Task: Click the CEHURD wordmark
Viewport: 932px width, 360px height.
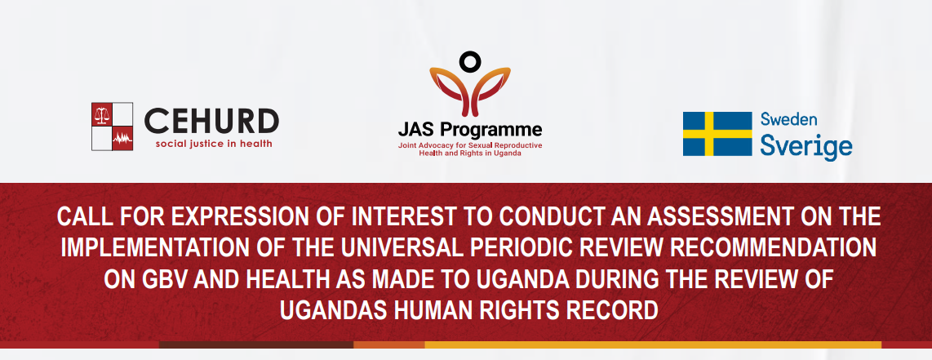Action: tap(211, 122)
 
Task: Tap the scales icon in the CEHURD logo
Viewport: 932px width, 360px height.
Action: tap(102, 114)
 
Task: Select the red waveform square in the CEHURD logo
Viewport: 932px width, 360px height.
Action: tap(122, 139)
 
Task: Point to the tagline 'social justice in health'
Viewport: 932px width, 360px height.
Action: tap(213, 144)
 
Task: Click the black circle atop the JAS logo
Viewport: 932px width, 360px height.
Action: tap(469, 60)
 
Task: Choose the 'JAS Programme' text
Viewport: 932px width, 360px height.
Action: tap(470, 130)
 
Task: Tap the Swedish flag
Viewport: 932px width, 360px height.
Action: tap(717, 134)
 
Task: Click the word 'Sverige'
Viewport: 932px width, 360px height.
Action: tap(806, 145)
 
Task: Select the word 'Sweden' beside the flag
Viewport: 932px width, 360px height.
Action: tap(788, 119)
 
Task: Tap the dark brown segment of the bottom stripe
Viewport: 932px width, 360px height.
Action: tap(256, 344)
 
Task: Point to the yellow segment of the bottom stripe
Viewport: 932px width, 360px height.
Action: tap(653, 344)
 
